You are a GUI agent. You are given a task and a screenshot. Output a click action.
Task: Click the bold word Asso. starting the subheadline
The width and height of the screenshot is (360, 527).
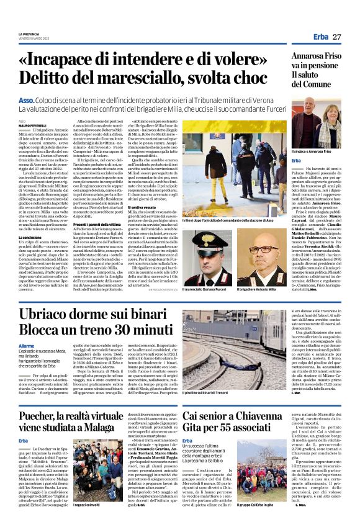tap(27, 100)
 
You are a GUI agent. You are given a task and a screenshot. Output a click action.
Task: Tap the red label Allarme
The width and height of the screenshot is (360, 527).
tap(27, 345)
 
